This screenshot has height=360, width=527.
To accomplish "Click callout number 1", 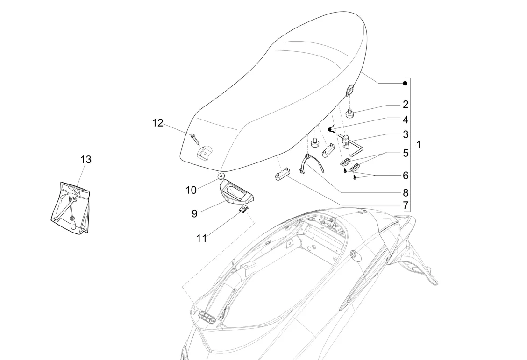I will tap(419, 145).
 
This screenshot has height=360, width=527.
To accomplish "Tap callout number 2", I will tap(406, 104).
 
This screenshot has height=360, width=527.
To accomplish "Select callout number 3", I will tap(406, 135).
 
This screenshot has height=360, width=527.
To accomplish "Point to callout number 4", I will tap(406, 120).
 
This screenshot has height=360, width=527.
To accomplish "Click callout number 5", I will tap(406, 152).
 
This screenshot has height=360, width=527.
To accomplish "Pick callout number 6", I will tap(406, 176).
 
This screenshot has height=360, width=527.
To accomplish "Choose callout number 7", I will tap(406, 205).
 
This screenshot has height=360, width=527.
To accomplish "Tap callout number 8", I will tap(406, 192).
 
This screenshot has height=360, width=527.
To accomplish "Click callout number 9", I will tap(194, 213).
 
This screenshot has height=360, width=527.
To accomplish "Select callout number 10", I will tap(191, 191).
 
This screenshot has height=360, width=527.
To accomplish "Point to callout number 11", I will tap(201, 238).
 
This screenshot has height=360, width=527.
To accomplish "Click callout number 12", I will tap(158, 123).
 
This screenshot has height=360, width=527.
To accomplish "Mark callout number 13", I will tap(85, 159).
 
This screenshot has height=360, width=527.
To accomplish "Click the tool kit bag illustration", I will tap(70, 207).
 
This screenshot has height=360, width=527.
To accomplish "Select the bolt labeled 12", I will tap(194, 138).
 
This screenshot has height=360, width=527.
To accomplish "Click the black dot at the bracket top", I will tap(405, 83).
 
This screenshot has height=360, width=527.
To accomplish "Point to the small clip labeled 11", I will tap(243, 209).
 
